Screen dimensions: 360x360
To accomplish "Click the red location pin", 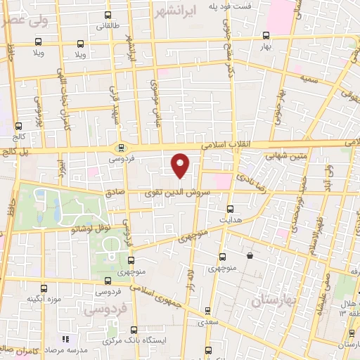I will point(181,165).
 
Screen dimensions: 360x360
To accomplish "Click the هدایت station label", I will point(231,219).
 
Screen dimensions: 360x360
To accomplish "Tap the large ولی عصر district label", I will point(25,21).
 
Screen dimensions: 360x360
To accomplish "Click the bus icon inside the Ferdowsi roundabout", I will point(121,148).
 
